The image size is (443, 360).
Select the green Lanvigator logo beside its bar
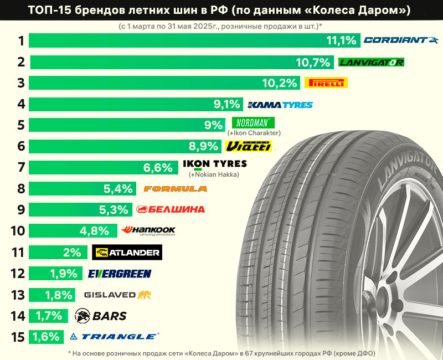[x=370, y=61]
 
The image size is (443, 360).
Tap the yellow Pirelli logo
[x=326, y=83]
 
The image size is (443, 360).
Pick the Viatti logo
[x=249, y=146]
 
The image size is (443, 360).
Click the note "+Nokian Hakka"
[x=213, y=175]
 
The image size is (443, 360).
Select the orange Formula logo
[x=175, y=189]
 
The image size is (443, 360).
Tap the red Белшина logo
[x=171, y=209]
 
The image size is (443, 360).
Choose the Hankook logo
[x=148, y=230]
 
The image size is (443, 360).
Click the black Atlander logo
[x=127, y=253]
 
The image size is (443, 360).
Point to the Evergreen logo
[x=120, y=274]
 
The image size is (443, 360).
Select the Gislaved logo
[x=117, y=295]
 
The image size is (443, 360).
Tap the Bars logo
[x=101, y=316]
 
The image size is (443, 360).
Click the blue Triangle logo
[x=115, y=336]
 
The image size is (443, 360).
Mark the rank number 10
[x=17, y=231]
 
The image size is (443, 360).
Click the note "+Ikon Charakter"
[x=254, y=133]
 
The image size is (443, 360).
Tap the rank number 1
[x=21, y=40]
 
